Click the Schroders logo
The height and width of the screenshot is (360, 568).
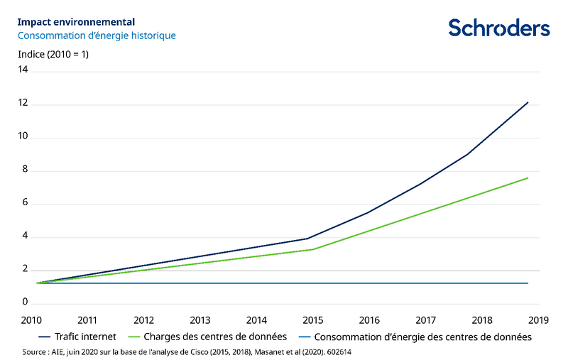(x=498, y=28)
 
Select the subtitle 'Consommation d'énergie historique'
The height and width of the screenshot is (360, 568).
(x=97, y=35)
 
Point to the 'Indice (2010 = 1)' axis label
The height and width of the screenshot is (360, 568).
(x=53, y=54)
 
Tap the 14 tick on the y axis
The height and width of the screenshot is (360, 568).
(x=23, y=70)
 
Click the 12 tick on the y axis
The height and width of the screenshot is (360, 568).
(x=23, y=104)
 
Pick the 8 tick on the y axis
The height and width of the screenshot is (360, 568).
(x=25, y=170)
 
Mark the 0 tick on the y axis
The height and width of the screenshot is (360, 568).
(x=25, y=303)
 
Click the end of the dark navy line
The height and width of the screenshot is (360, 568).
(x=528, y=102)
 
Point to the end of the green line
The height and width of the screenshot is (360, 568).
(x=528, y=178)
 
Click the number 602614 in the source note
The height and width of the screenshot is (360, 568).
(x=339, y=351)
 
